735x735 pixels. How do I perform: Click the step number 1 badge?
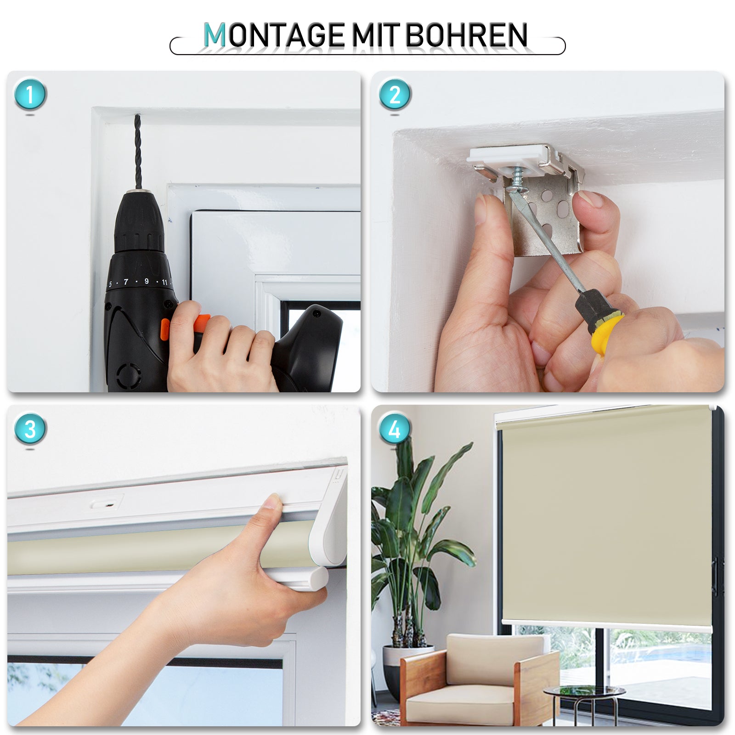[x=30, y=95]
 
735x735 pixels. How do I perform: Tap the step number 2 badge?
[x=395, y=95]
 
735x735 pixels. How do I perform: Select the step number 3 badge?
[x=30, y=429]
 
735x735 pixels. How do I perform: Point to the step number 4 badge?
[x=395, y=429]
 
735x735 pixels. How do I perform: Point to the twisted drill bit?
[x=137, y=152]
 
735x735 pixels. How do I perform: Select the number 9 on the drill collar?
[x=147, y=281]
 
